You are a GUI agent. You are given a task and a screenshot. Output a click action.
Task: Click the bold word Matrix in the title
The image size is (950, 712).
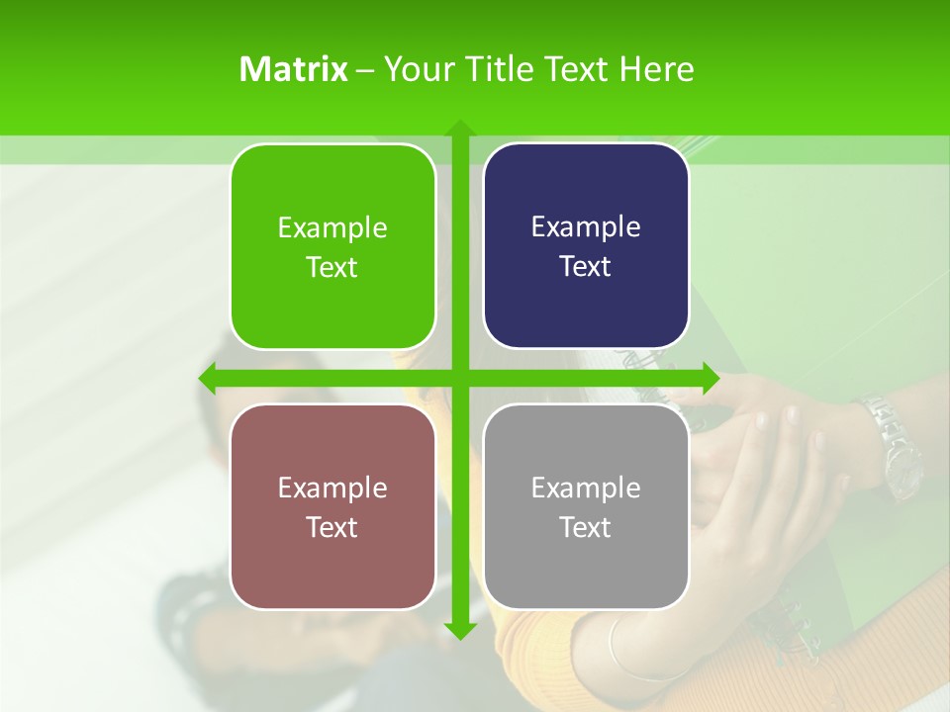294,69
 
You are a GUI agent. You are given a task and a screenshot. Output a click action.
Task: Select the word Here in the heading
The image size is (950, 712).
657,69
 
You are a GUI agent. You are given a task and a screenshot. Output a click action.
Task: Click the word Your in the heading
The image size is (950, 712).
419,69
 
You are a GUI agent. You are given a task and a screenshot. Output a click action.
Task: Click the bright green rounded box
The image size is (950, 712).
332,246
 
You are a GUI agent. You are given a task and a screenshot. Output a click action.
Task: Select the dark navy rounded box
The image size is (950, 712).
586,246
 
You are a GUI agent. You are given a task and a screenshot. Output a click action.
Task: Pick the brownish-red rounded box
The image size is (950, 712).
332,506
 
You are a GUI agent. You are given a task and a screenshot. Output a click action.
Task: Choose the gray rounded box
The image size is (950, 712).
586,506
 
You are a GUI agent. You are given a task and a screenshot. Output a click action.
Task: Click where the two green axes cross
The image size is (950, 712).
459,378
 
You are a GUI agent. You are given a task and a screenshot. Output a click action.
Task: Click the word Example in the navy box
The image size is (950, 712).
586,227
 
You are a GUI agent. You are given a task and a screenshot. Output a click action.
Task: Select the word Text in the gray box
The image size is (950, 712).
586,527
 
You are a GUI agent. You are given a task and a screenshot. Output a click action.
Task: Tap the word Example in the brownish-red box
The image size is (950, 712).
332,488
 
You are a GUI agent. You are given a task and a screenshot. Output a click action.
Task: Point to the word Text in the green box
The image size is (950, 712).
332,267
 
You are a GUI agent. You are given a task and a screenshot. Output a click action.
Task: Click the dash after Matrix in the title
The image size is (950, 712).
365,70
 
